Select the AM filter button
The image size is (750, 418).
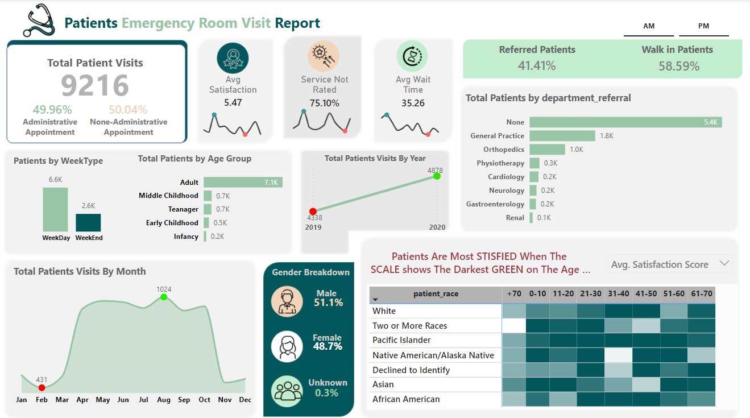pyautogui.click(x=649, y=26)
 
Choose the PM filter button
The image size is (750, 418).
pyautogui.click(x=703, y=26)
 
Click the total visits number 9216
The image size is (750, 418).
pyautogui.click(x=95, y=86)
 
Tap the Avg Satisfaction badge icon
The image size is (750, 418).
pyautogui.click(x=233, y=58)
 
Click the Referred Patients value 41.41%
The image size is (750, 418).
pyautogui.click(x=537, y=66)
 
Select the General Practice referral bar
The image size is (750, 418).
pyautogui.click(x=562, y=136)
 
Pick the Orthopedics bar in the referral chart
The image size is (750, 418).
pyautogui.click(x=547, y=150)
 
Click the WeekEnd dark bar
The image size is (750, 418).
pyautogui.click(x=88, y=222)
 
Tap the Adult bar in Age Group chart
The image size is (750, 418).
pyautogui.click(x=243, y=183)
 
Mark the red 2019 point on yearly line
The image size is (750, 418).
pyautogui.click(x=313, y=212)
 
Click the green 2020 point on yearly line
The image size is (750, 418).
pyautogui.click(x=437, y=176)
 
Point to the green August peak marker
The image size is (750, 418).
pyautogui.click(x=164, y=297)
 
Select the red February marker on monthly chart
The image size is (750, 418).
pyautogui.click(x=42, y=387)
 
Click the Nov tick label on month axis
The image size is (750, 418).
pyautogui.click(x=225, y=400)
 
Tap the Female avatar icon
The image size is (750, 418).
pyautogui.click(x=287, y=346)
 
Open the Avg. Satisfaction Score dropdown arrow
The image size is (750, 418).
pyautogui.click(x=724, y=263)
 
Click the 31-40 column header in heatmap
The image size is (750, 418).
pyautogui.click(x=618, y=294)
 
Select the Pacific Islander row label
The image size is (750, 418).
pyautogui.click(x=401, y=340)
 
